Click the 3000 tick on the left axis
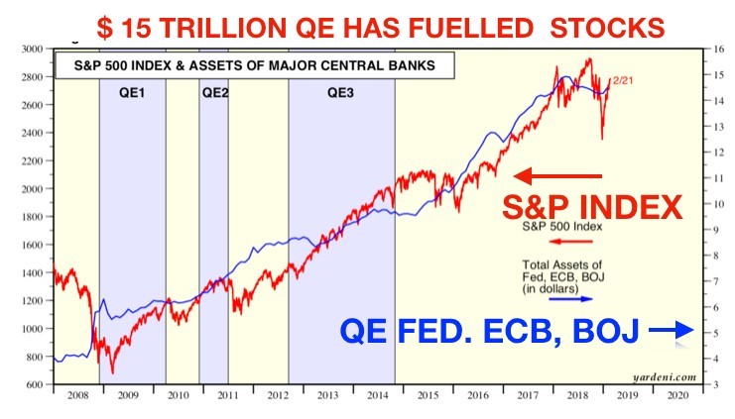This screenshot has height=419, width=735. (34, 48)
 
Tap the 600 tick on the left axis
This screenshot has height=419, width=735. (37, 384)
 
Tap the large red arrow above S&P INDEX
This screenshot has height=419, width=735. (557, 176)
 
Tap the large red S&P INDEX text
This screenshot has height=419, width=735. (591, 208)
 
